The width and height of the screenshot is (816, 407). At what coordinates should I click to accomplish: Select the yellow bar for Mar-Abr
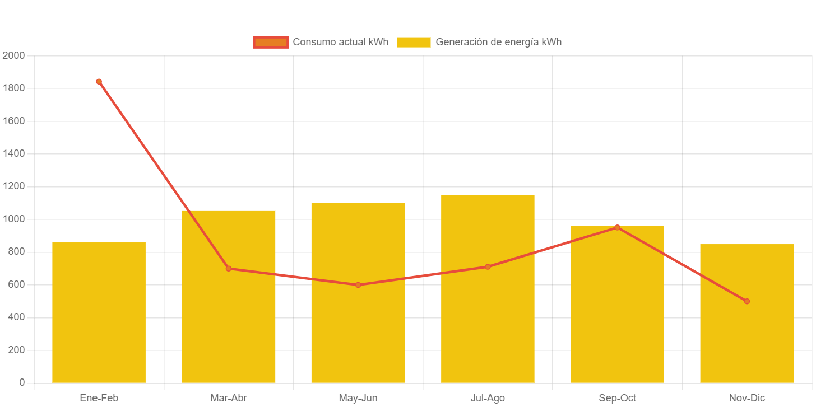click(x=229, y=325)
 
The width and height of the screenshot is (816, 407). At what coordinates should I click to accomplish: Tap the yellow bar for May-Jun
click(x=358, y=336)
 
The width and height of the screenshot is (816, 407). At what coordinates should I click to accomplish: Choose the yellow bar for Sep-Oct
click(x=617, y=314)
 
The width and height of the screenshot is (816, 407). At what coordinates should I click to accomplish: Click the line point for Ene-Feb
click(x=99, y=82)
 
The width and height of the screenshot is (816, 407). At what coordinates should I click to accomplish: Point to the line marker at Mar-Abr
click(x=229, y=269)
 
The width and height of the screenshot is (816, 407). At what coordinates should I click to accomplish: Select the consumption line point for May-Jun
click(x=358, y=285)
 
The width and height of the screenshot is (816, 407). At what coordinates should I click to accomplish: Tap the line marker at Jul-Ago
click(x=488, y=267)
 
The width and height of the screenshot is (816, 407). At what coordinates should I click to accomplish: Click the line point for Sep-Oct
click(x=617, y=227)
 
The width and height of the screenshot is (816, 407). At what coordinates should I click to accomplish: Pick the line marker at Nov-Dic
click(x=747, y=301)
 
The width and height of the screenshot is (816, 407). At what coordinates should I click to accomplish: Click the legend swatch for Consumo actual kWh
click(x=271, y=42)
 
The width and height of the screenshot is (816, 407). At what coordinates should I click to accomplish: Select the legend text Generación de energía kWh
click(x=498, y=42)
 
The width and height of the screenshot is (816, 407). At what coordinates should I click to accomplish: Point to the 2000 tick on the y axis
click(x=13, y=55)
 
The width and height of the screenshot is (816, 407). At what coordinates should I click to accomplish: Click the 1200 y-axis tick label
click(x=13, y=186)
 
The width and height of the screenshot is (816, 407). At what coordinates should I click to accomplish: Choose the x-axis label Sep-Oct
click(x=617, y=398)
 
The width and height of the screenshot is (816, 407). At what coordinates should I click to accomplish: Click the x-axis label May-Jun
click(x=358, y=398)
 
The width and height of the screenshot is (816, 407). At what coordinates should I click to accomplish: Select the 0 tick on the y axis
click(x=22, y=382)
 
